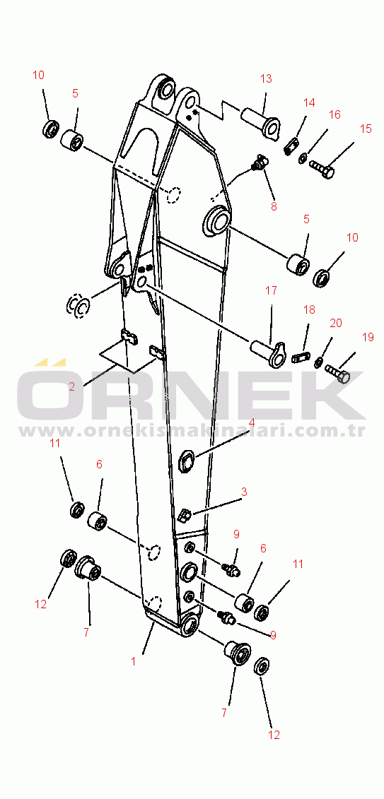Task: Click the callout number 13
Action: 266,78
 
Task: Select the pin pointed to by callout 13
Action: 260,122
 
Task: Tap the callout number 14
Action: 309,102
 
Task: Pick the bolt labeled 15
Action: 322,168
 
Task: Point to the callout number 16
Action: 334,114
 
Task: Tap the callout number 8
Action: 274,207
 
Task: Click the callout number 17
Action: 271,290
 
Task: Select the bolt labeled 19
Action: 337,374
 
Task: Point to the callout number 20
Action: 335,323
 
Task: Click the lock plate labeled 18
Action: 301,357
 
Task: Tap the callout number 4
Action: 252,423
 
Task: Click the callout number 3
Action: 244,492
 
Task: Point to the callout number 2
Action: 71,386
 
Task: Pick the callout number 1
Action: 134,661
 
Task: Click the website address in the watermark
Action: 192,431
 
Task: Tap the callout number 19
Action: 368,337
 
